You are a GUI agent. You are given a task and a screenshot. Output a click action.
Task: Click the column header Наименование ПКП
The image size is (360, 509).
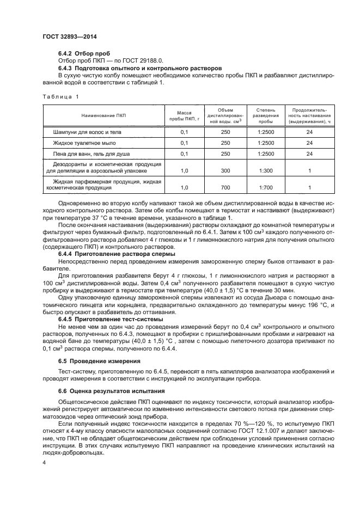[103, 116]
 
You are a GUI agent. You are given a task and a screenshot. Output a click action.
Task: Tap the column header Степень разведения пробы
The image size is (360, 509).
[265, 115]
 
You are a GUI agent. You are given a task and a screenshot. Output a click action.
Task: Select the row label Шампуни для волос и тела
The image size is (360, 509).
[87, 132]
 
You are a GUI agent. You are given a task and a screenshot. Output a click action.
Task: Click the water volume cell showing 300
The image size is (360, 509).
[225, 170]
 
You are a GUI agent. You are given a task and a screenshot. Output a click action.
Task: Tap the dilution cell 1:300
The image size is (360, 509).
[265, 170]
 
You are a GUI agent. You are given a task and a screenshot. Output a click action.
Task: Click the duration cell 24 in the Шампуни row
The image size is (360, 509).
[309, 132]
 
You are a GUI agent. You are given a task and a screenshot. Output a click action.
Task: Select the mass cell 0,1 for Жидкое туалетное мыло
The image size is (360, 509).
[184, 143]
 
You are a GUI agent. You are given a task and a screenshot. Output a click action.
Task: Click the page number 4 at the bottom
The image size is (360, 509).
[44, 462]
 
